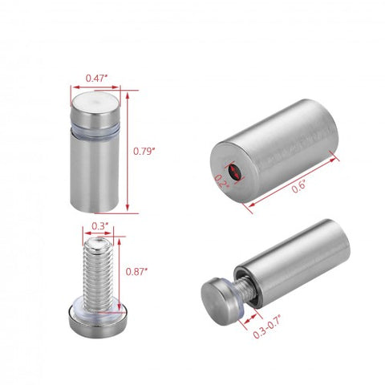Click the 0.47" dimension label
pos(96,78)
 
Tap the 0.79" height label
pos(144,151)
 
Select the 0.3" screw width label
pos(98,226)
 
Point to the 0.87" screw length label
pos(136,271)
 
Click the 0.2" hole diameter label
pos(222,181)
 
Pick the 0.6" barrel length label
pos(298,186)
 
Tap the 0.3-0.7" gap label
pos(267,326)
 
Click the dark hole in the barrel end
pos(234,172)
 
